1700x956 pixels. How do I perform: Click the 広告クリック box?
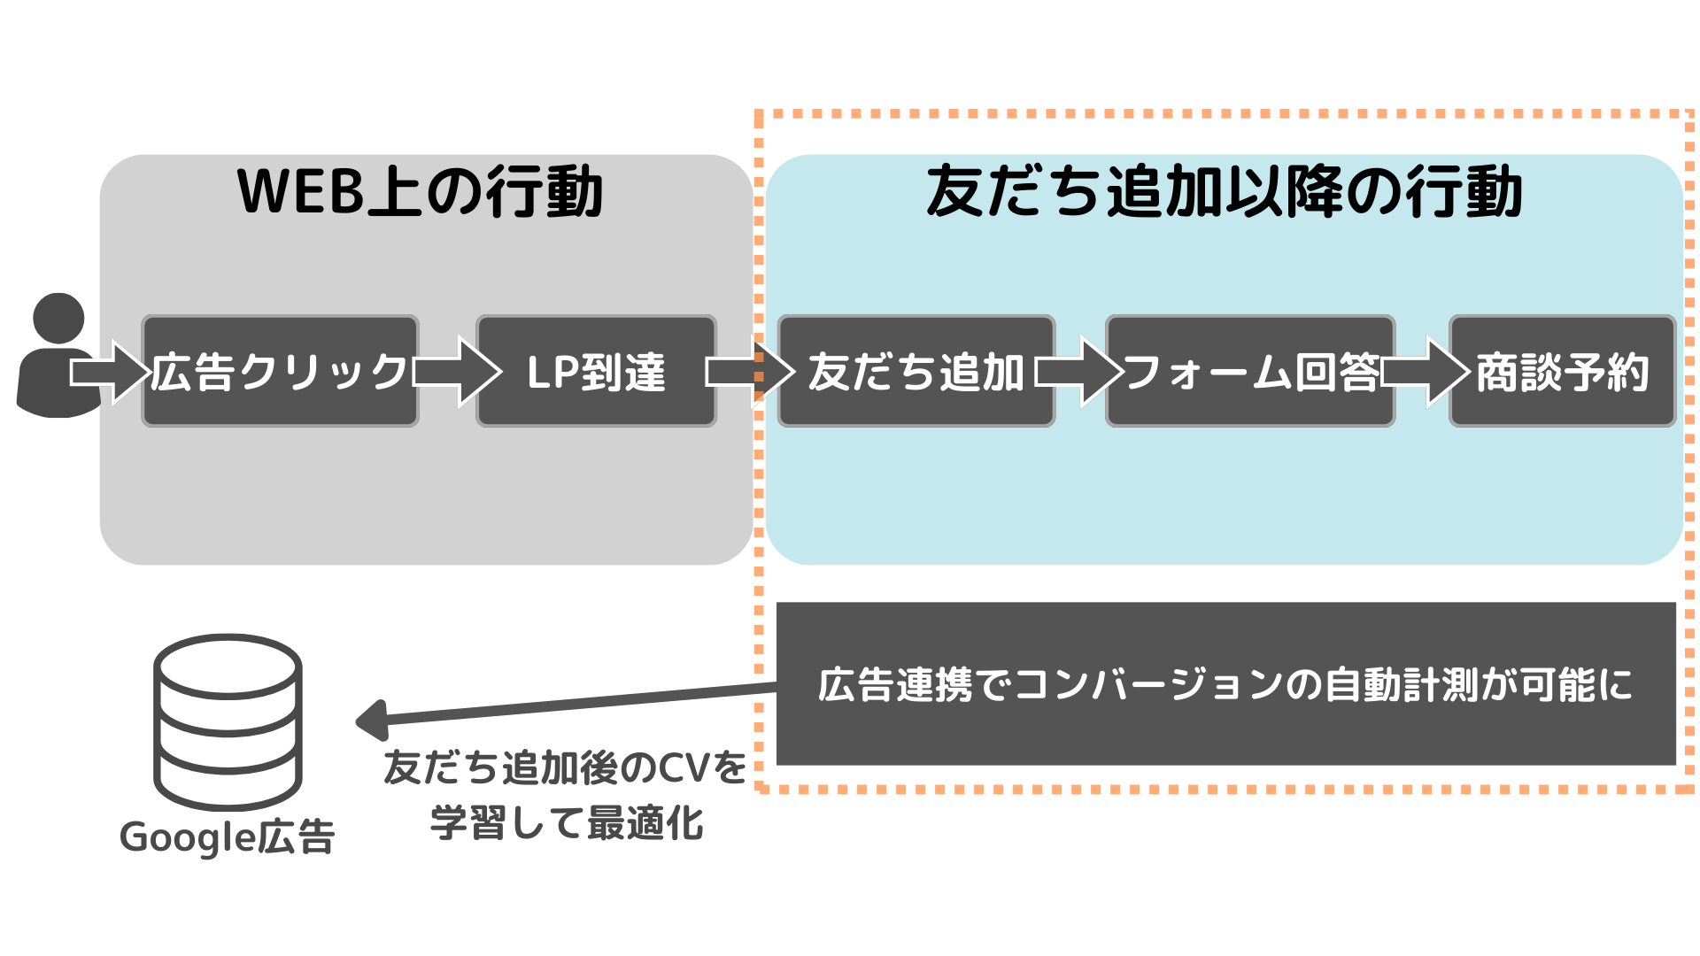pos(280,372)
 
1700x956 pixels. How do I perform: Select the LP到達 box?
pos(596,372)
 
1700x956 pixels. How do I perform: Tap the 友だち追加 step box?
pos(916,372)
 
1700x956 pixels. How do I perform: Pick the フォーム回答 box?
pos(1250,372)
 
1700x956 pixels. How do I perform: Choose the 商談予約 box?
pos(1563,372)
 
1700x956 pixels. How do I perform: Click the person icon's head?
pos(58,318)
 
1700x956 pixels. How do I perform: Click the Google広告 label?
pos(228,836)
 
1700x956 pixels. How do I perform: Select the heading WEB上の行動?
pos(421,191)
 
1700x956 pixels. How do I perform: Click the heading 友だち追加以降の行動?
pos(1225,191)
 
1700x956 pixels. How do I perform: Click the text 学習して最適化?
pos(567,824)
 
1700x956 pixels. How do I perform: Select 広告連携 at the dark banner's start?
pos(856,685)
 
